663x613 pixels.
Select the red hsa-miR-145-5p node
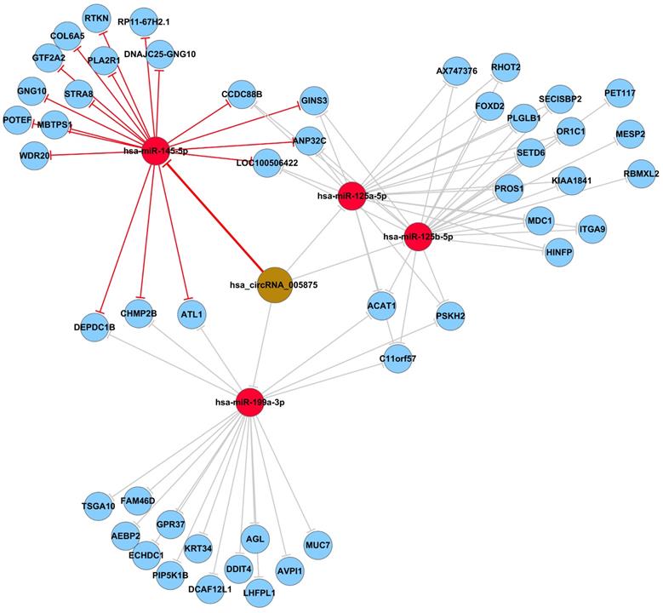155,151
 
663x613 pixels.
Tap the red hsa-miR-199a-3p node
249,401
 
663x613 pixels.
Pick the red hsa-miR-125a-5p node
352,196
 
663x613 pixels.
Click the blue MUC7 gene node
317,542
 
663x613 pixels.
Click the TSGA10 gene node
98,506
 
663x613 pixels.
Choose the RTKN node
96,16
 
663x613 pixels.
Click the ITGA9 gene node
592,228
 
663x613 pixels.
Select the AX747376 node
456,71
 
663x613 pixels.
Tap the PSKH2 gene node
450,317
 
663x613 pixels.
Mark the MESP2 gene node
630,134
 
